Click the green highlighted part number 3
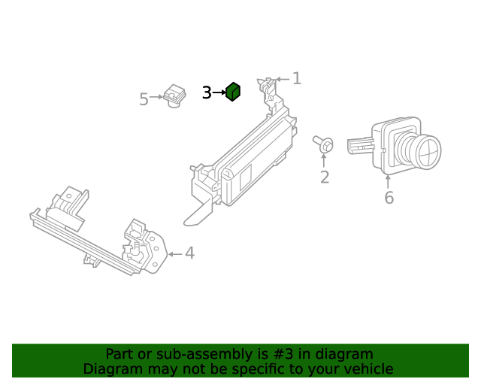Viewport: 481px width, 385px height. [x=233, y=92]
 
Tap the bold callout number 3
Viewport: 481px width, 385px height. [x=207, y=92]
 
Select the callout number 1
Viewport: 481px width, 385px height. [x=297, y=78]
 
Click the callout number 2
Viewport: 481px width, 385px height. [x=325, y=177]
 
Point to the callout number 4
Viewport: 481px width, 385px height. [x=189, y=253]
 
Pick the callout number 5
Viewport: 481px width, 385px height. [x=144, y=99]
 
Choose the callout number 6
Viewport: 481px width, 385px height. [x=389, y=198]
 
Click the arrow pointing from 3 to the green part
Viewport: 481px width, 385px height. [x=219, y=92]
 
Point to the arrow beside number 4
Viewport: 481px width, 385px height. [x=174, y=254]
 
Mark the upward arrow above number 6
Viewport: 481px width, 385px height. [x=389, y=180]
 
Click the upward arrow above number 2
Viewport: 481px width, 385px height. [x=325, y=159]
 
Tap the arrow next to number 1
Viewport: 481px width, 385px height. [x=282, y=79]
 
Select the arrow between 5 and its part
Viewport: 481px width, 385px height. [x=156, y=97]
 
